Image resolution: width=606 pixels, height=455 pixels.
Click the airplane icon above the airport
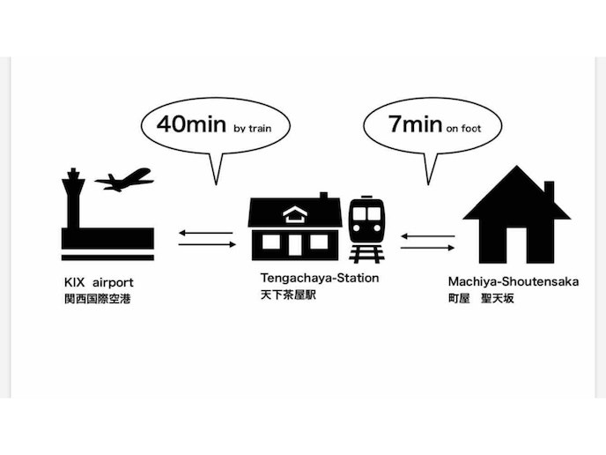[124, 181]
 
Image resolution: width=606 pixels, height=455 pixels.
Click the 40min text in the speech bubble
[192, 124]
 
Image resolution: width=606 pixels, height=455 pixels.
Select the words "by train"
[254, 129]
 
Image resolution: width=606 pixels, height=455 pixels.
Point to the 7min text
[414, 124]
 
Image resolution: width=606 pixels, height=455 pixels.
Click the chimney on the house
[549, 190]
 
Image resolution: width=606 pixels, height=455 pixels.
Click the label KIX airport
[100, 282]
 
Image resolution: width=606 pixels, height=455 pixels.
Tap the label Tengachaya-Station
[320, 278]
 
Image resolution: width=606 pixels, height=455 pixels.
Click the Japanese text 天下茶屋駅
[287, 295]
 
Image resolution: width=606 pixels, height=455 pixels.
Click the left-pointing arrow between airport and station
[205, 233]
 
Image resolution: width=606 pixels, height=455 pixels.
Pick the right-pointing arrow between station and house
[428, 248]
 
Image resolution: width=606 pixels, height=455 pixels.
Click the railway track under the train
[365, 254]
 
